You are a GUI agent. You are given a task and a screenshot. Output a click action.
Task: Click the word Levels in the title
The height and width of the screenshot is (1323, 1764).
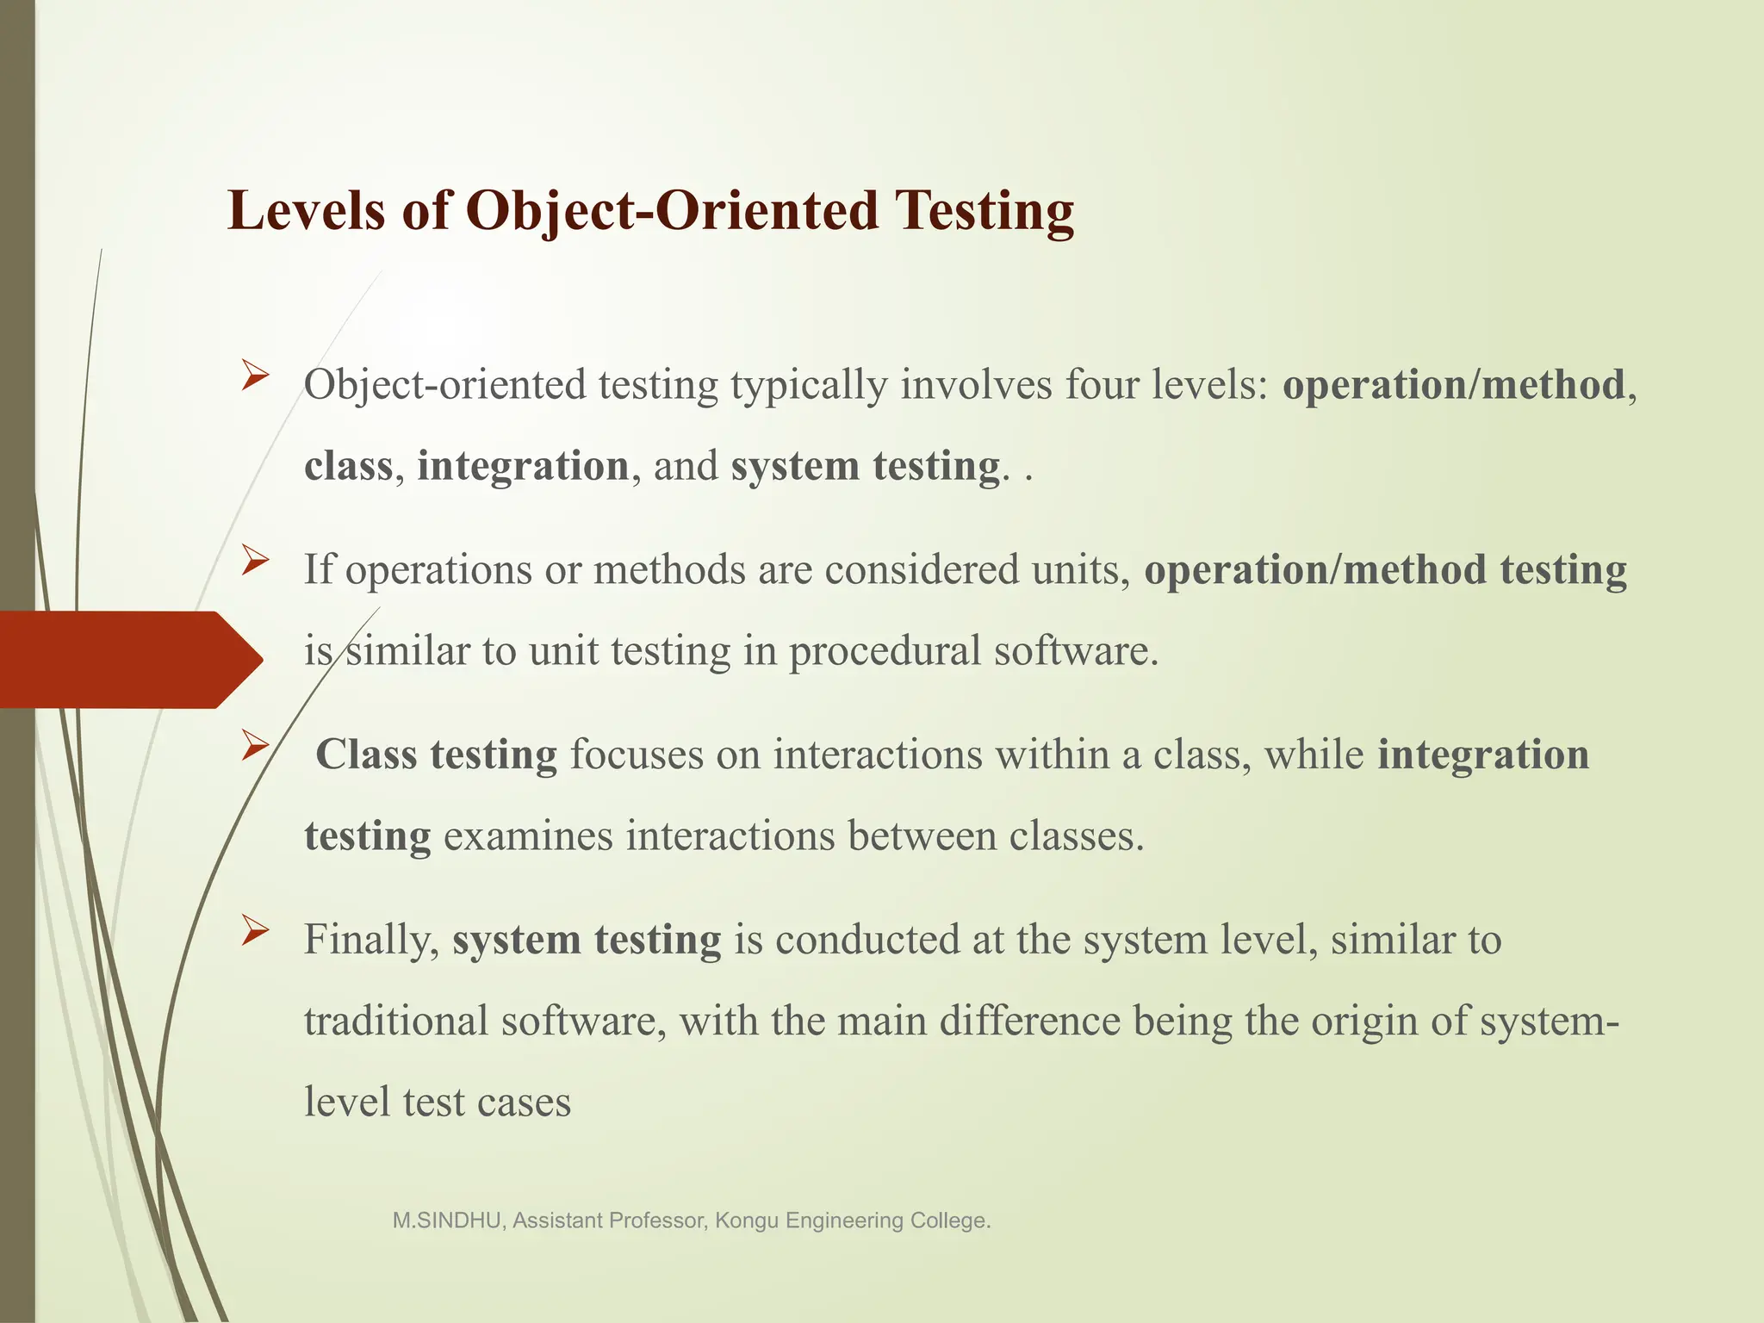pyautogui.click(x=306, y=210)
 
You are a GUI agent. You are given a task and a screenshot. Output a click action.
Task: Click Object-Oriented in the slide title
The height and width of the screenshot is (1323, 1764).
pyautogui.click(x=672, y=210)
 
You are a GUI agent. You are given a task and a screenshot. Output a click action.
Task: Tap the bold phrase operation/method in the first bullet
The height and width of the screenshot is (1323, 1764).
pyautogui.click(x=1453, y=384)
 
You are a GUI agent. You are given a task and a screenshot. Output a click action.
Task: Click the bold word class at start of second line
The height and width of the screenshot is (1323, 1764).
pyautogui.click(x=348, y=466)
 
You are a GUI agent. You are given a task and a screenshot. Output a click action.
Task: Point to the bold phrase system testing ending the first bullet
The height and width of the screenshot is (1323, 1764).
pyautogui.click(x=865, y=466)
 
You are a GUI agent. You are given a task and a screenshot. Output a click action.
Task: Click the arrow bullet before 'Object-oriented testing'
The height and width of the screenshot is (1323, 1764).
pyautogui.click(x=256, y=376)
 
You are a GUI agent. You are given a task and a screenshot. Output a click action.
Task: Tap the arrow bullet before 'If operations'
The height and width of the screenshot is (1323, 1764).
pyautogui.click(x=256, y=562)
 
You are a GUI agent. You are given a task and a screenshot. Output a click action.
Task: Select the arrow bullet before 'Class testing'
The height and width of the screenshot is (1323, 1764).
pyautogui.click(x=256, y=746)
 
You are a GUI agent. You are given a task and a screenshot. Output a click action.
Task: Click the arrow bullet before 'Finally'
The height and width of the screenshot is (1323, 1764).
pyautogui.click(x=256, y=930)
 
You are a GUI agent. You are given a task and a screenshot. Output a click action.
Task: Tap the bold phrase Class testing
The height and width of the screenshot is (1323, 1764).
pyautogui.click(x=436, y=755)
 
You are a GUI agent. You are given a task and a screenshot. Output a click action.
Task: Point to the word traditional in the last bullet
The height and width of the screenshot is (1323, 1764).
pyautogui.click(x=395, y=1021)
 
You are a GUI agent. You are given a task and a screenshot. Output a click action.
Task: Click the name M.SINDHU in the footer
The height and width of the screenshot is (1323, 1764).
pyautogui.click(x=448, y=1221)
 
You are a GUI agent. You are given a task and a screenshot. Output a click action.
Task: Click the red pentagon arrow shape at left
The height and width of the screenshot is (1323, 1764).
pyautogui.click(x=129, y=660)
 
